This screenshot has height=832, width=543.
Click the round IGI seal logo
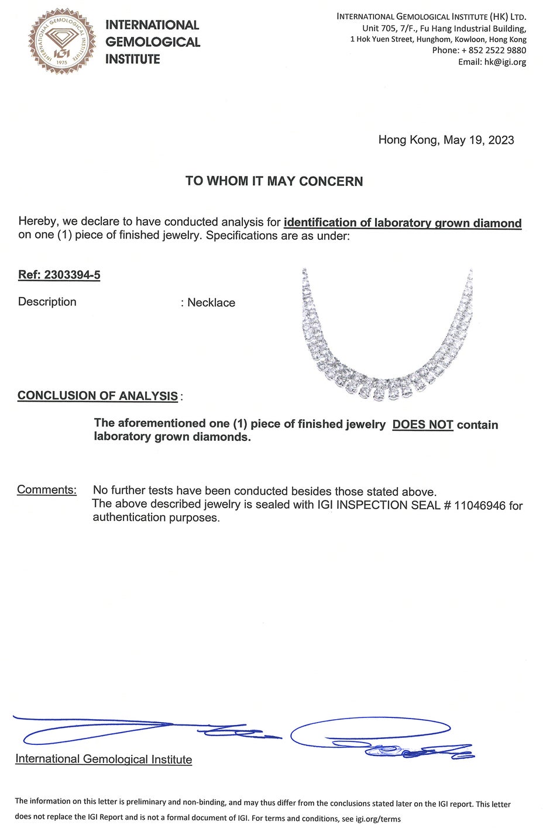pos(62,41)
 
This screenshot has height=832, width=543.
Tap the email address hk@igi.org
pos(505,62)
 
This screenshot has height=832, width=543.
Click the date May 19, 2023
pos(479,140)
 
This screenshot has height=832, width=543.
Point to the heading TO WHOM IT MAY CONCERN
pos(274,181)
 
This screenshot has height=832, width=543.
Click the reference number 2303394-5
pos(72,275)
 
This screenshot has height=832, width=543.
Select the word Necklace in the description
pos(211,303)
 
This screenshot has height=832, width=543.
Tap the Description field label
pos(47,302)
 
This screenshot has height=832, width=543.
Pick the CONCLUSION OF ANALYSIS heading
pos(98,396)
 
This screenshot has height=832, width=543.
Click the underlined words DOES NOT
pos(422,425)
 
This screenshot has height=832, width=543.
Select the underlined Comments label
pos(47,490)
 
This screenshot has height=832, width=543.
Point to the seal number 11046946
pos(480,506)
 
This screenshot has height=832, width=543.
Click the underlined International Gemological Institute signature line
pos(104,759)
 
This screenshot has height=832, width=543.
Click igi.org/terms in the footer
pos(378,819)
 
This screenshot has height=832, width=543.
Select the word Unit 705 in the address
pos(379,28)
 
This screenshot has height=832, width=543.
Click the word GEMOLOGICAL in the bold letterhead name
pos(153,42)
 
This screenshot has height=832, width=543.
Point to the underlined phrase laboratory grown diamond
pos(448,223)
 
